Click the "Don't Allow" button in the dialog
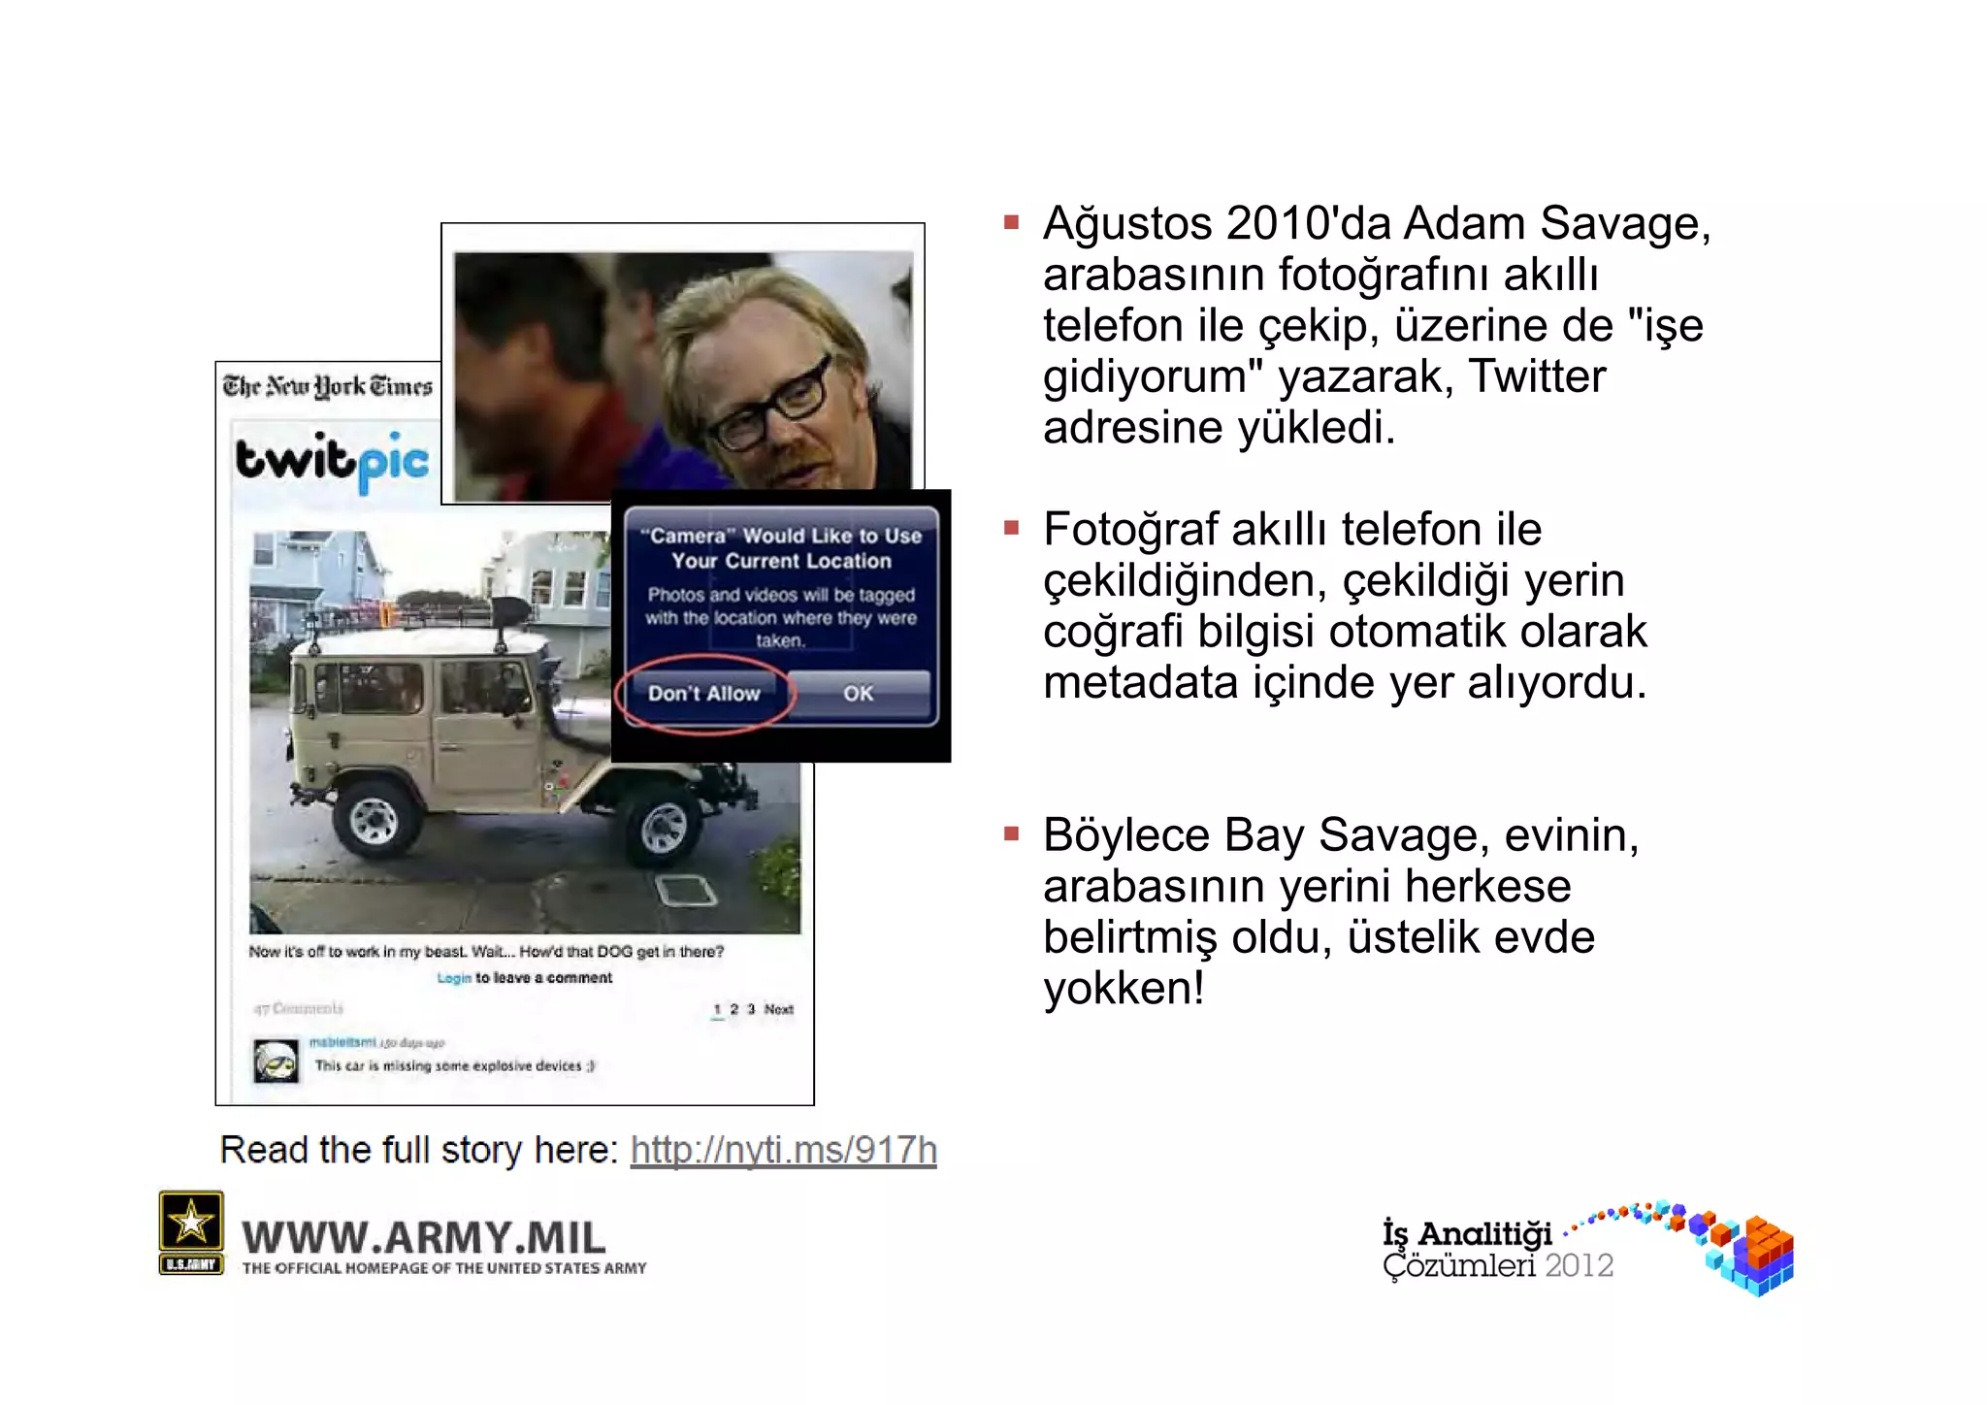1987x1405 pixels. (x=704, y=694)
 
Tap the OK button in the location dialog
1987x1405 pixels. (x=858, y=694)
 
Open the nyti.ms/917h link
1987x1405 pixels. (x=783, y=1150)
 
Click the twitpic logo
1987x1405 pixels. (x=332, y=460)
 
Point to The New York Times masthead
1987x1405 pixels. (x=327, y=386)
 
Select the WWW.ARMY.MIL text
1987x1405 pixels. (x=424, y=1237)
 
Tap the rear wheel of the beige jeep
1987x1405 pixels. (x=374, y=821)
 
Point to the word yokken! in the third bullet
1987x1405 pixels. (x=1124, y=989)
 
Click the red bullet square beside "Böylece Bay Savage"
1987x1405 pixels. (x=1011, y=833)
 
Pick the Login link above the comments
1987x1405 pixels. (x=453, y=978)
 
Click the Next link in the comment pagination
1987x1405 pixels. (x=778, y=1009)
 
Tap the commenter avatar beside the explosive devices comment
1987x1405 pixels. (x=277, y=1061)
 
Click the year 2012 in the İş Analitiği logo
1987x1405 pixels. (x=1579, y=1265)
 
